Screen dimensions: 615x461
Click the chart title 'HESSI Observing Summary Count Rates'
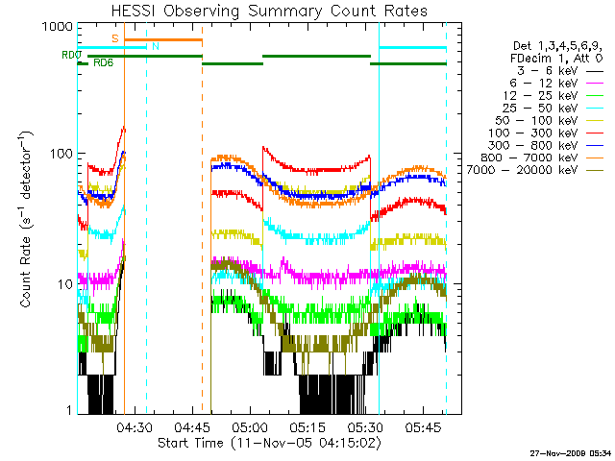269,11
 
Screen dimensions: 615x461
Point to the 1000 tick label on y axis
58,27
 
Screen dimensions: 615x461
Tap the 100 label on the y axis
61,154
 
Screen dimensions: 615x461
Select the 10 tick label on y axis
65,284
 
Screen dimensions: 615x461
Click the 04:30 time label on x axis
135,426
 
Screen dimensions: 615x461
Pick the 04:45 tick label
192,426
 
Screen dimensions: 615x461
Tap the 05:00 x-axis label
250,426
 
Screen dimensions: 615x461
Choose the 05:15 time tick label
307,426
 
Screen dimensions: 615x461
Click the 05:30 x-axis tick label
365,426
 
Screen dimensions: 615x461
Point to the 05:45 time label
423,426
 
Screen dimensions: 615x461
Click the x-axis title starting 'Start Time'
269,443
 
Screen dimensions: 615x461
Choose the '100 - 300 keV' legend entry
532,133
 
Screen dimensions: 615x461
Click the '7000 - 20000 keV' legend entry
522,170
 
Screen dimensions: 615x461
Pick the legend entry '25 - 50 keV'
540,109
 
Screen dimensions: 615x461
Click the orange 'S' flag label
115,38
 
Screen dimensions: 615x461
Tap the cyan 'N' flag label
156,46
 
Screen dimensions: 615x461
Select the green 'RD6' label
103,62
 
